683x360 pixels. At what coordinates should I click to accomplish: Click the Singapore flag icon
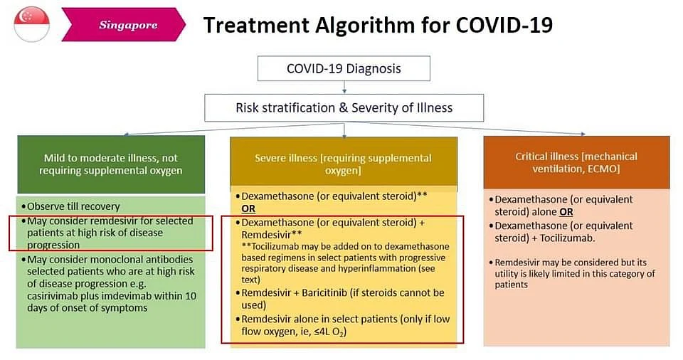point(31,24)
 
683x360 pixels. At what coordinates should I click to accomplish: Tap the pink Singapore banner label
point(124,25)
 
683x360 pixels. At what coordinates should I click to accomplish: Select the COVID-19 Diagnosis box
point(344,68)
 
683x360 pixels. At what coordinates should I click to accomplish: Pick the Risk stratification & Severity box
point(344,107)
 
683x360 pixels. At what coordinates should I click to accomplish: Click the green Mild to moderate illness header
point(111,164)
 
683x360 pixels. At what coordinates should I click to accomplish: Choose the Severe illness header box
point(343,164)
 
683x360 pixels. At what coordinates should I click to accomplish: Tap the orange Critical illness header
point(576,162)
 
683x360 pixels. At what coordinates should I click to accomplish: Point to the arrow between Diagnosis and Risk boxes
point(344,88)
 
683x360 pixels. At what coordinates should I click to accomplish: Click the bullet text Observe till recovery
point(73,206)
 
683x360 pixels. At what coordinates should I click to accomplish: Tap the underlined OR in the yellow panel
point(248,208)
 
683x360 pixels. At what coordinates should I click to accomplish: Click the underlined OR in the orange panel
point(566,212)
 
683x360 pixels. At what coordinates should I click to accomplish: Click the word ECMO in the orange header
point(603,169)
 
